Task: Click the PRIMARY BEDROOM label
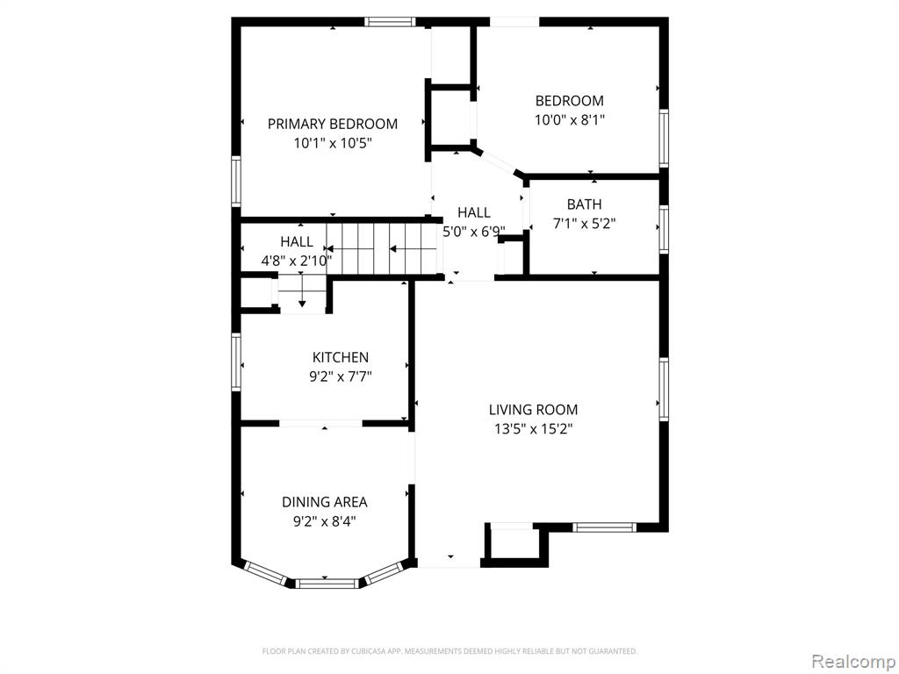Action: click(x=333, y=124)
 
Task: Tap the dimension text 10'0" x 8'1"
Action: click(x=570, y=119)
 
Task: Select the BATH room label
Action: click(x=584, y=204)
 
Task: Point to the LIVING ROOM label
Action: click(x=533, y=409)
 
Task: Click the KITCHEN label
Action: click(x=341, y=357)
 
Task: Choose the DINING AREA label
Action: click(x=325, y=502)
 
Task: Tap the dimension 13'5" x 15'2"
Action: click(x=534, y=428)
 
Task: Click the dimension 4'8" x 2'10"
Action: click(x=297, y=262)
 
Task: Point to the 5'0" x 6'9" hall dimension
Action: click(x=474, y=232)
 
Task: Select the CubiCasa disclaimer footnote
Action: click(x=450, y=651)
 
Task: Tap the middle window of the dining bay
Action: click(x=327, y=584)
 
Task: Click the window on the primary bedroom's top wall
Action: click(x=390, y=22)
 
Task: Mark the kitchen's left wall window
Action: click(x=236, y=362)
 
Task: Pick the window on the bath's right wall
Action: click(x=664, y=229)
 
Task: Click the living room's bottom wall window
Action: click(x=604, y=527)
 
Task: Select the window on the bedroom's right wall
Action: click(x=664, y=138)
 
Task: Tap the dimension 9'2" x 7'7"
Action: click(x=341, y=376)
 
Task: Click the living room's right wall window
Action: click(x=664, y=389)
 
